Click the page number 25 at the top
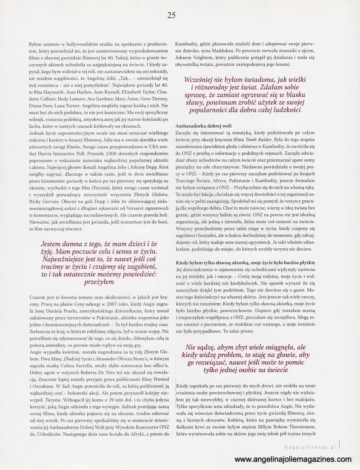click(171, 15)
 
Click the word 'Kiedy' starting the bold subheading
click(184, 262)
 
